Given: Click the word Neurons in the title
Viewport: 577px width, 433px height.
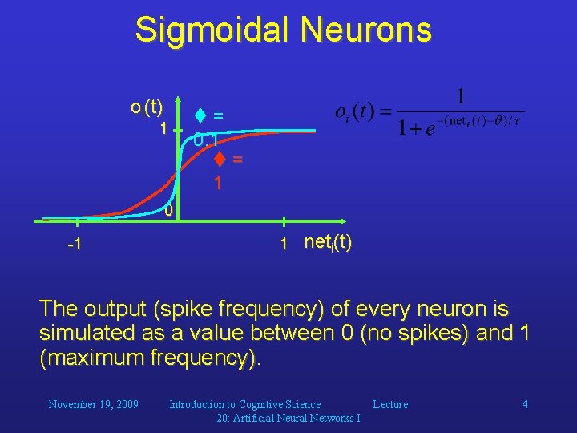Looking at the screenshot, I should (x=366, y=30).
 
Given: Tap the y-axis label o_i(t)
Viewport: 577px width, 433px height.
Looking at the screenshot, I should (x=147, y=107).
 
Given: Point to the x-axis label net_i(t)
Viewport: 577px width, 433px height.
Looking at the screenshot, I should (x=328, y=242).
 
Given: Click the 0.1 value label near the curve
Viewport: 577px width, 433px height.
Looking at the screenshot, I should (x=206, y=140).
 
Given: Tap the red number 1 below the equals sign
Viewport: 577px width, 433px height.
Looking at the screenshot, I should (x=217, y=184).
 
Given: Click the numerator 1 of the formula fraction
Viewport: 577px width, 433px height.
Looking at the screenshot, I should (x=460, y=98).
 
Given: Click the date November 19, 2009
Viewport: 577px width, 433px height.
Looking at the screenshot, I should (x=93, y=404).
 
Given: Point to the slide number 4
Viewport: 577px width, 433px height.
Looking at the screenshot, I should (x=525, y=404).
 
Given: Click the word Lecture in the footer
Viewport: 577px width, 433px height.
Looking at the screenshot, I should (x=390, y=404).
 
